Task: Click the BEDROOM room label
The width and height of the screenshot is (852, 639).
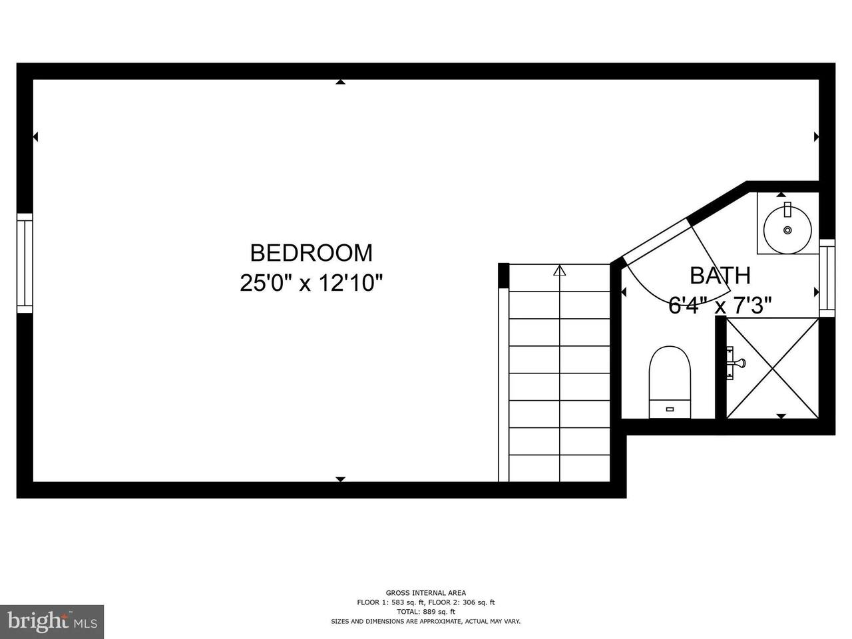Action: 312,253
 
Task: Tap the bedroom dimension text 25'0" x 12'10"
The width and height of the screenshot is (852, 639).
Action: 312,283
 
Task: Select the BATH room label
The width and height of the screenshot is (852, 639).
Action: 720,276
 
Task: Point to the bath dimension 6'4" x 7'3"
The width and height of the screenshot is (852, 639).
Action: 720,306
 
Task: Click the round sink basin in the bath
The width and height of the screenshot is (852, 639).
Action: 787,230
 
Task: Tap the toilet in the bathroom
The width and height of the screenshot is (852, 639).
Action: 670,382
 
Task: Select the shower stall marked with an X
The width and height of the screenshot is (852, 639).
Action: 772,368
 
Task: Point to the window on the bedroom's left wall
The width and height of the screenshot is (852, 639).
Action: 25,263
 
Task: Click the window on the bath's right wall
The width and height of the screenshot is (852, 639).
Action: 827,278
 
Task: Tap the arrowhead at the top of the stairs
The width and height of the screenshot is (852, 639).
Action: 559,270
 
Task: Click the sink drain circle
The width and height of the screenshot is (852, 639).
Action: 787,230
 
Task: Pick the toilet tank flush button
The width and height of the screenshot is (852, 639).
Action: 670,409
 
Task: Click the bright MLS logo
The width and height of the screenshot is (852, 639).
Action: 52,622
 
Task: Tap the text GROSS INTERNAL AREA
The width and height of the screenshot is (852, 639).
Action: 426,592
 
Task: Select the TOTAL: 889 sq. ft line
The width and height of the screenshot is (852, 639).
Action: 426,612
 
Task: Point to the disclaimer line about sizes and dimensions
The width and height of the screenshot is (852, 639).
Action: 426,622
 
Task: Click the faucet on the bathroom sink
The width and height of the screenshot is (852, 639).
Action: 787,209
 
